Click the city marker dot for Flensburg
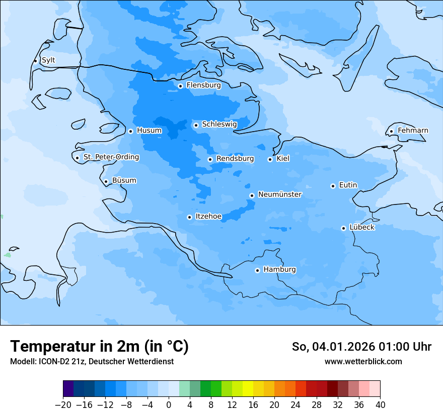[180, 86]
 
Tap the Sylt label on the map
[48, 60]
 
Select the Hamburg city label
[279, 270]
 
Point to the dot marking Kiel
[270, 159]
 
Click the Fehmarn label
[413, 131]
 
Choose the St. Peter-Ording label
[111, 157]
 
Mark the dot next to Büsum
[106, 181]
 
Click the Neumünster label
[280, 194]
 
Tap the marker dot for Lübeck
[343, 228]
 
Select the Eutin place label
[348, 185]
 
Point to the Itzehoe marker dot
[189, 217]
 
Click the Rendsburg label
[235, 159]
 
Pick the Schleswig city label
[219, 125]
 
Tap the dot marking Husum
[130, 131]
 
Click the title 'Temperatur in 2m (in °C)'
[99, 347]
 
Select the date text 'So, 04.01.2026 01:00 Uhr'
[361, 347]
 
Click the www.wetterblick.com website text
[363, 362]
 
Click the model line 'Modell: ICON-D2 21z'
[48, 362]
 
